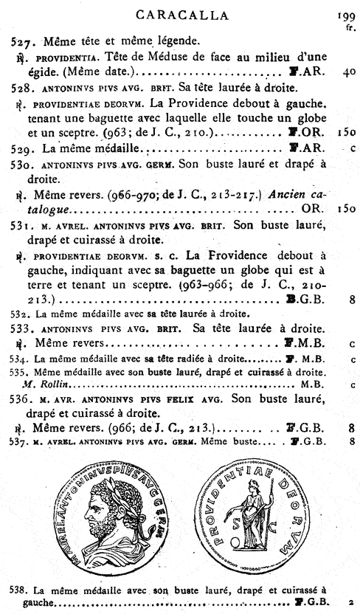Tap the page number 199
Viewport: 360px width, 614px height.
point(344,14)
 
